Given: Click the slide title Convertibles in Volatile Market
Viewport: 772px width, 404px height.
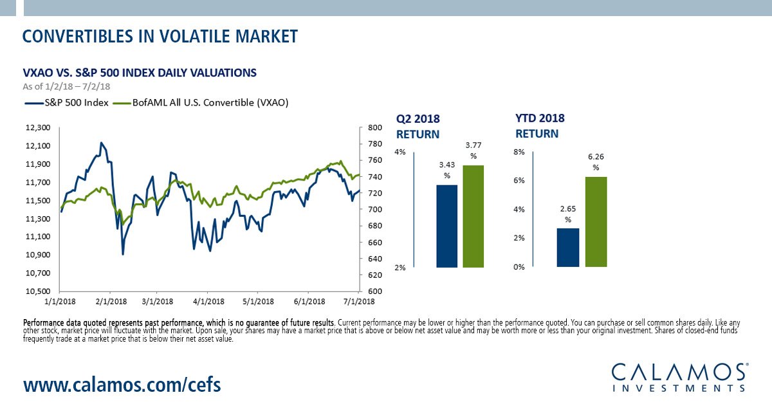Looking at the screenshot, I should (x=160, y=36).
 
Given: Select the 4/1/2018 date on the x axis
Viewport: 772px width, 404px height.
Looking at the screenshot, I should (x=208, y=301).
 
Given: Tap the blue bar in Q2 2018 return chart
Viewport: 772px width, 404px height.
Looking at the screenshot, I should (x=447, y=226).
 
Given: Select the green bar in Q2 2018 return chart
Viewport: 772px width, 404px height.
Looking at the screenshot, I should (x=473, y=216).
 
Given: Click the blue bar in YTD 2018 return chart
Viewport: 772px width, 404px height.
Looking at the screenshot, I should (x=568, y=248).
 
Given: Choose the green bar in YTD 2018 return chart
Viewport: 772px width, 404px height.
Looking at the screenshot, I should (x=596, y=222).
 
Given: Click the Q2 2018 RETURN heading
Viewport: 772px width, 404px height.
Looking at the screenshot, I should (x=418, y=127).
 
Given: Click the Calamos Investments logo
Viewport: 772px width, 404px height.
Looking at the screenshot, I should (x=679, y=377).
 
